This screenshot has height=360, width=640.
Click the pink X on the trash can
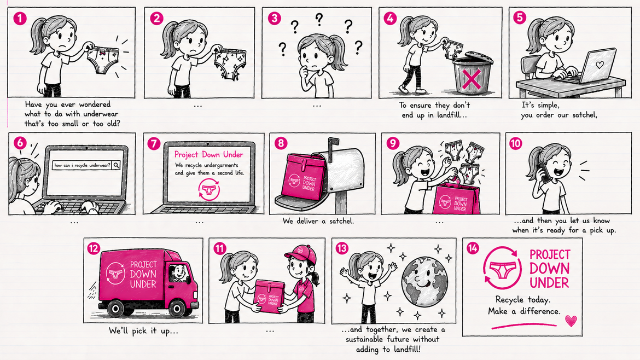click(472, 79)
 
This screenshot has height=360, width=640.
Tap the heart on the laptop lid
click(600, 65)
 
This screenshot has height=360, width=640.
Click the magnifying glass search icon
click(116, 165)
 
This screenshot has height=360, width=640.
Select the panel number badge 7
click(154, 143)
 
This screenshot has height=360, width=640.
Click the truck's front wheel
click(178, 309)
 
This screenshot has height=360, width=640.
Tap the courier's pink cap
click(301, 255)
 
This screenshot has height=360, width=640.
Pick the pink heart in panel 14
click(571, 321)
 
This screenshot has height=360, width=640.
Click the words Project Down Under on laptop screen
click(208, 154)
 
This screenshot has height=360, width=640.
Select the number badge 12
click(94, 248)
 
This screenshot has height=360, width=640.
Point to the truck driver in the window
click(178, 272)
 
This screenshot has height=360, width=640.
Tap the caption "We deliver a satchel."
click(318, 221)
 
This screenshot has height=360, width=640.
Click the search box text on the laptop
click(82, 165)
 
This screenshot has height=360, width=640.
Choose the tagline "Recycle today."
click(523, 300)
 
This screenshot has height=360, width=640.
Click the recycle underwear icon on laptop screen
click(209, 189)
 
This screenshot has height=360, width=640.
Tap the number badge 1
click(20, 19)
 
